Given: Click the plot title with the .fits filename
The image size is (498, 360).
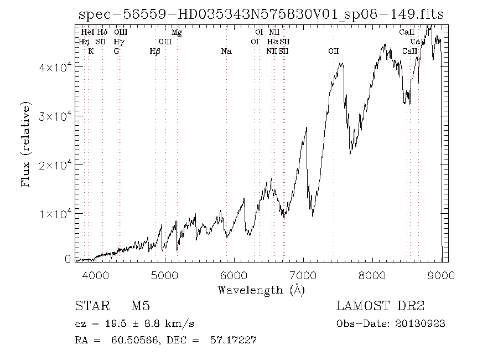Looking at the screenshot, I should click(260, 14).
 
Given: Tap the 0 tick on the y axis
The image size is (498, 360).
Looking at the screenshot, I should click(68, 259).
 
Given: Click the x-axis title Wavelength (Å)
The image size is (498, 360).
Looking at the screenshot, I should click(261, 289).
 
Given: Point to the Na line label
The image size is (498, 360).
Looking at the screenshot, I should click(226, 52).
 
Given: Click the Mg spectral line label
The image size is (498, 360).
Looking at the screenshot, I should click(177, 32).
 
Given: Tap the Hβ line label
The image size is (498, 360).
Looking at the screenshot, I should click(155, 52).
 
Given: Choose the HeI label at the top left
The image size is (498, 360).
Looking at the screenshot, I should click(87, 32).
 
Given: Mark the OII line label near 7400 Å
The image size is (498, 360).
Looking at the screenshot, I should click(333, 52).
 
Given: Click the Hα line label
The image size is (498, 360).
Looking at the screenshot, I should click(272, 42).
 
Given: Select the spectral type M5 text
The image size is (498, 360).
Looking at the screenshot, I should click(141, 306).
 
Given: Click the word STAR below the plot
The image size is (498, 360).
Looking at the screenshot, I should click(88, 306).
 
